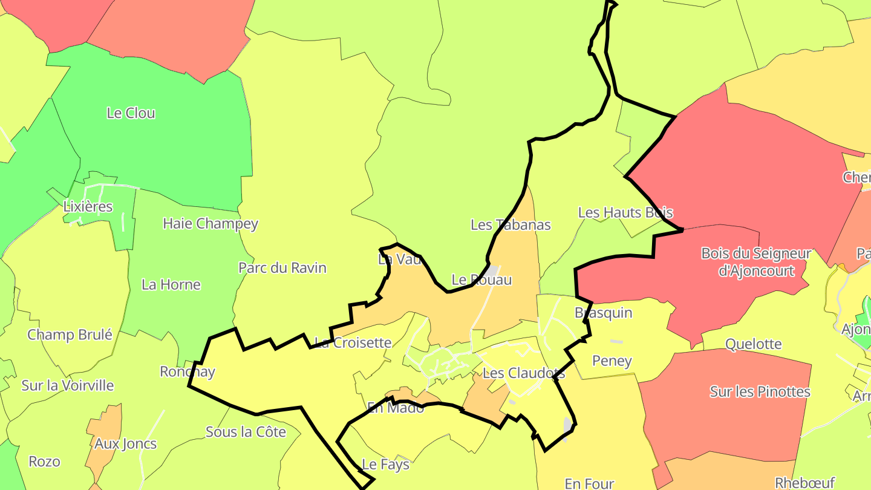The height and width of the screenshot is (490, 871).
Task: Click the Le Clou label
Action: click(131, 113)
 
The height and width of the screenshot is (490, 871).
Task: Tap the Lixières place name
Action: click(88, 206)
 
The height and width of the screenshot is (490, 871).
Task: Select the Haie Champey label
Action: click(210, 224)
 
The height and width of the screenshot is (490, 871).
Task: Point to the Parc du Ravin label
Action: click(282, 268)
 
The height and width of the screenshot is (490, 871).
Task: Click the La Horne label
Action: click(171, 284)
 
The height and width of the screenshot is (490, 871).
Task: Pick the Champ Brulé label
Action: click(70, 335)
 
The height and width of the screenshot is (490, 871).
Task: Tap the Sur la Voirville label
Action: click(68, 385)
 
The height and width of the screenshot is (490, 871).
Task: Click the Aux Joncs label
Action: click(125, 443)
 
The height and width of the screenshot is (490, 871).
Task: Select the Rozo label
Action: click(45, 462)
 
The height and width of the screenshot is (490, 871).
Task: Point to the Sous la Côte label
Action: click(246, 432)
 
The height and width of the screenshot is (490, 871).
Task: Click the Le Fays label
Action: click(385, 465)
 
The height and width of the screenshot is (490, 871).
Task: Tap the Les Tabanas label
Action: click(511, 225)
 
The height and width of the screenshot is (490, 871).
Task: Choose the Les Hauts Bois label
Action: click(625, 212)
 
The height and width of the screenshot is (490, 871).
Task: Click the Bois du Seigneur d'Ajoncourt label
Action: click(756, 262)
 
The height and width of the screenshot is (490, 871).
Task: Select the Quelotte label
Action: click(754, 344)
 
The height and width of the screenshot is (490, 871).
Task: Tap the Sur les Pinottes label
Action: click(760, 391)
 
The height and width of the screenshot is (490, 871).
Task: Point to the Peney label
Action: click(612, 361)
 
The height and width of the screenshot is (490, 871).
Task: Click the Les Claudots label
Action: click(524, 373)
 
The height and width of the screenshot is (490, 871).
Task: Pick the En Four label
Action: click(589, 483)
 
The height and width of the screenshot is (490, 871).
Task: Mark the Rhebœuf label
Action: click(804, 483)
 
